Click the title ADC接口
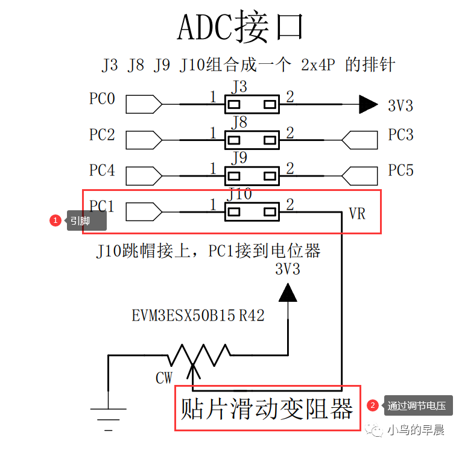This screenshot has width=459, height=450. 240,27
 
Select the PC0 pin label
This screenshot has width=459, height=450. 102,98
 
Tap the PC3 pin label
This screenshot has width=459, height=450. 400,134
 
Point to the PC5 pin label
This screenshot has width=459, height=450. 400,170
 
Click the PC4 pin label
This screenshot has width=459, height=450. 102,170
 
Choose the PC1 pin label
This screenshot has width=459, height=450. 102,207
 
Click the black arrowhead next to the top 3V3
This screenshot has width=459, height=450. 368,105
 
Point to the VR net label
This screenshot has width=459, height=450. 357,214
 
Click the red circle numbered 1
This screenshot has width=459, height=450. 55,220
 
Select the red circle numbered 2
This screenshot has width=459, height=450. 373,406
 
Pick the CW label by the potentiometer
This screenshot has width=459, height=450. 164,378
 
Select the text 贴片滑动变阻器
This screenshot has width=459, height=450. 267,409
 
